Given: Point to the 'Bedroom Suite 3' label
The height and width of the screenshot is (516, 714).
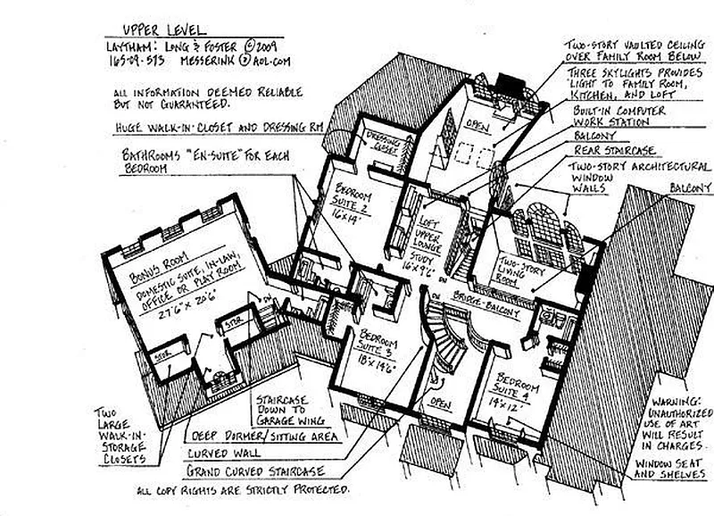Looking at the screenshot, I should [x=373, y=345].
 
